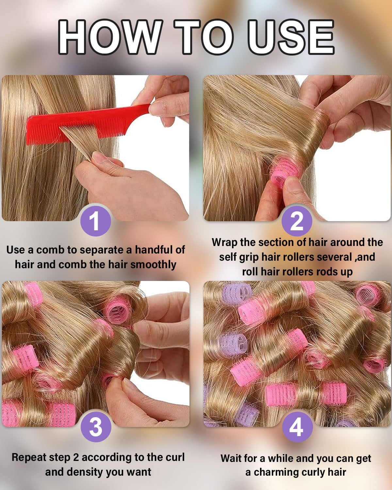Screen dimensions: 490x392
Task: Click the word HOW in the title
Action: [109, 37]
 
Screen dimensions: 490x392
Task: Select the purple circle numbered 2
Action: [297, 221]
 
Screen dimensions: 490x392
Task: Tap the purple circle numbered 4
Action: [297, 426]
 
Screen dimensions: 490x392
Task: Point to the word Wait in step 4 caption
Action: [232, 458]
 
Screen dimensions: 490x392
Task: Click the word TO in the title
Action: [202, 37]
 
